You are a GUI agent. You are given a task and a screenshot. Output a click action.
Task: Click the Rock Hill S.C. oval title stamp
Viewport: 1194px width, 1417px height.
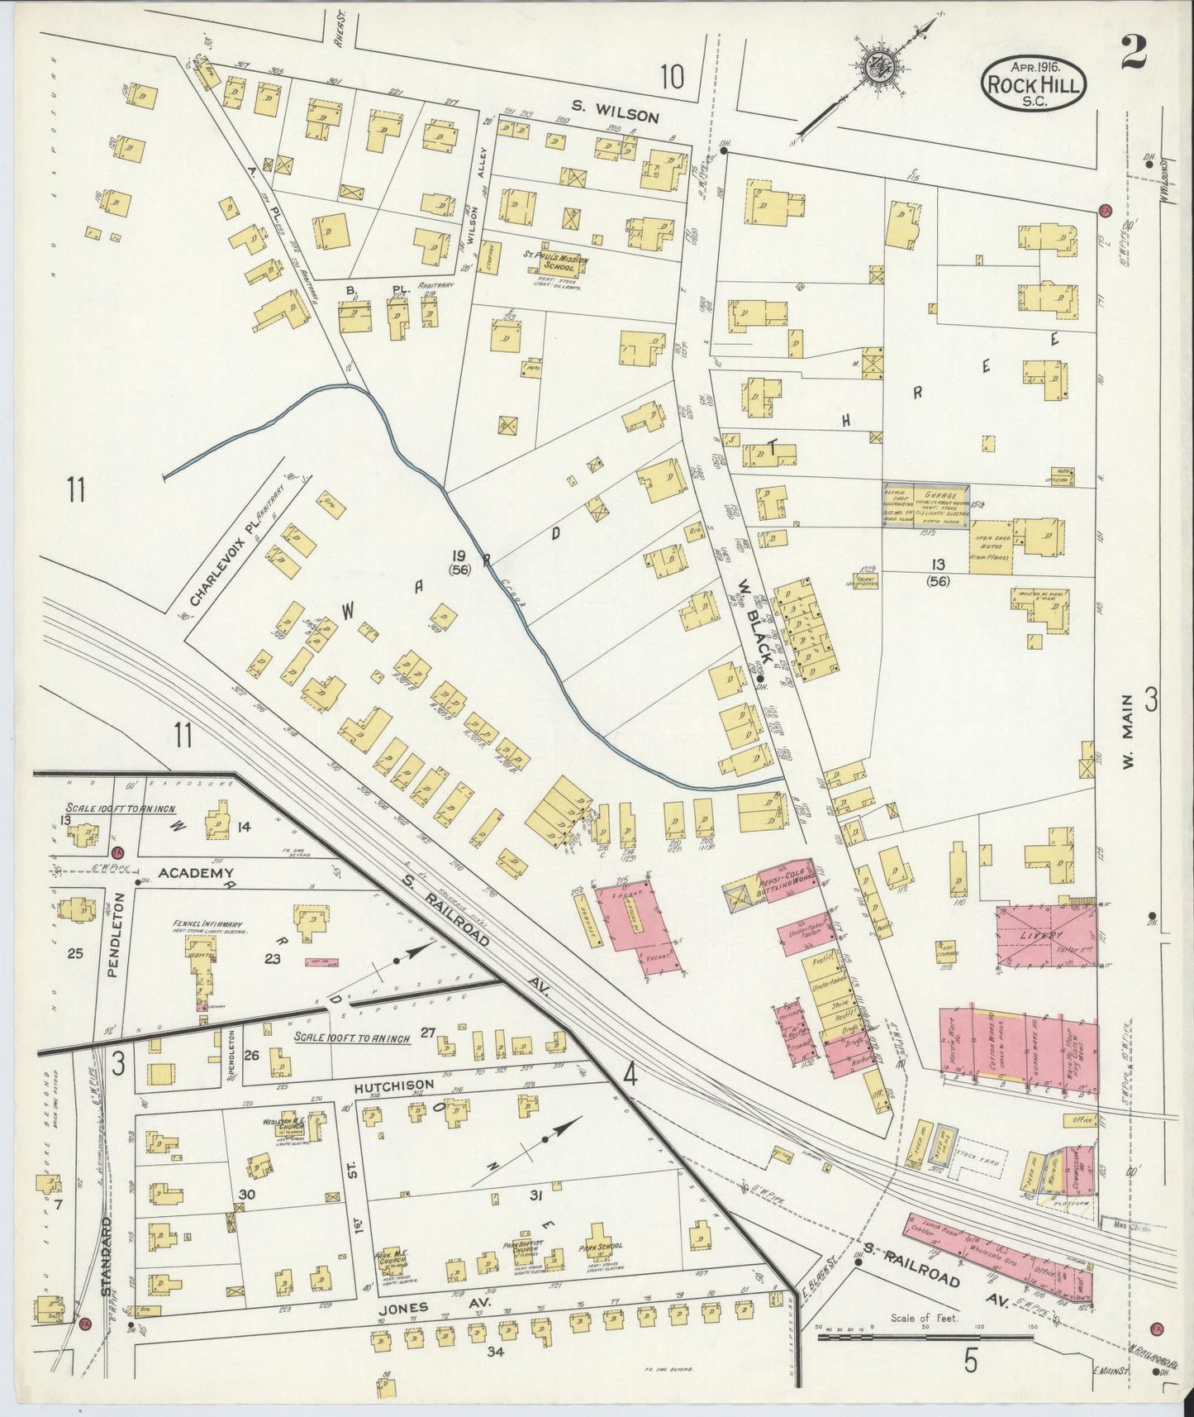(1034, 84)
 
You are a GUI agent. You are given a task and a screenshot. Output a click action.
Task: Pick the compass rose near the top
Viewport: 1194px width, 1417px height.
(874, 71)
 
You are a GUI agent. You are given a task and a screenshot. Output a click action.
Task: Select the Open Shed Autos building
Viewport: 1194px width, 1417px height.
(991, 546)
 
